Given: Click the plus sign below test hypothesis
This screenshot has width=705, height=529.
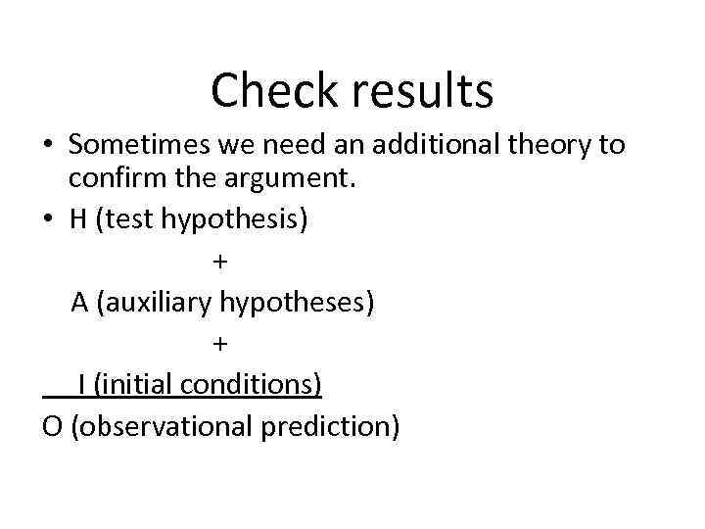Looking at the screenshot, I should (x=219, y=263).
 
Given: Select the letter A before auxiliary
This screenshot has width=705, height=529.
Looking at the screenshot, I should (x=80, y=302).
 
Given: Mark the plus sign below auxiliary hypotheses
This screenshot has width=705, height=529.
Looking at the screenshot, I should (x=219, y=344).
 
